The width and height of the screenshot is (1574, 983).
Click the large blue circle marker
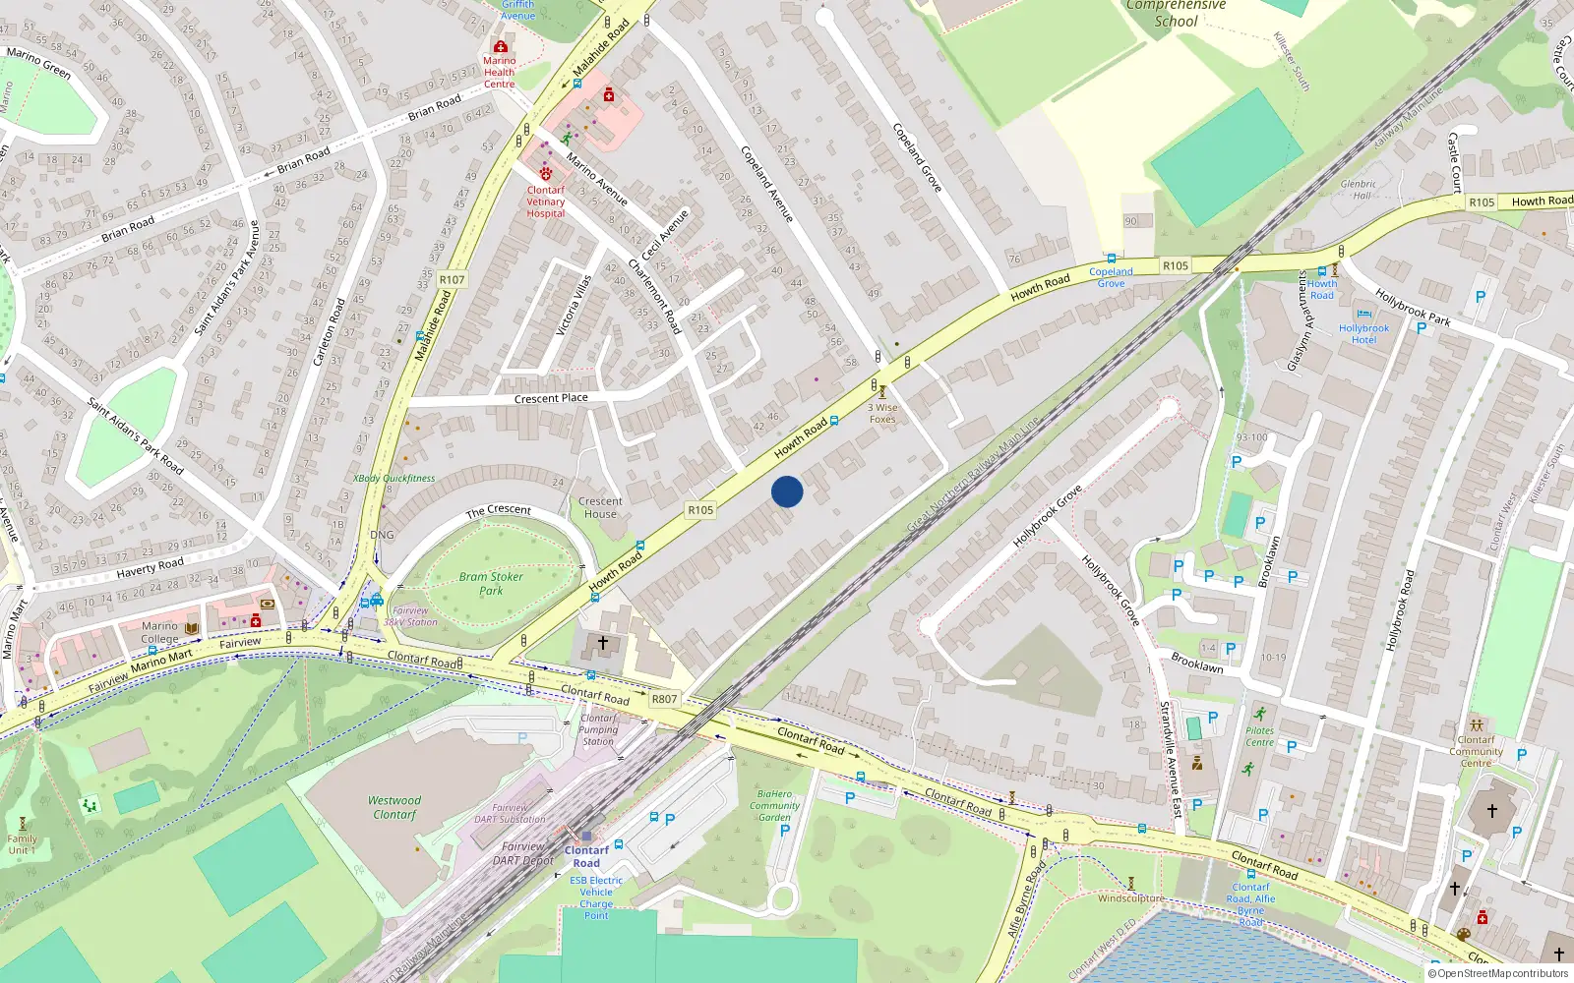pos(787,491)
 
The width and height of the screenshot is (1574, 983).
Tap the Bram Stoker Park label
pos(491,584)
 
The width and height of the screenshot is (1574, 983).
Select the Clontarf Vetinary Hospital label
pos(546,202)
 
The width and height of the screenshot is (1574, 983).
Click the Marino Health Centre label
pos(499,72)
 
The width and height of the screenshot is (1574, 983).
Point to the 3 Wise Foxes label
pos(882,413)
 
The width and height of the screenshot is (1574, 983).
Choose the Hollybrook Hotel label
pos(1363,334)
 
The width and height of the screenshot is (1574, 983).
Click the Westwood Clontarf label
pos(395,807)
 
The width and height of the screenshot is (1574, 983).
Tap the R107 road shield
pos(452,280)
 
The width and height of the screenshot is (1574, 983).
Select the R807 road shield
pos(665,699)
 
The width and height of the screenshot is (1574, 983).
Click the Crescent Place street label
pos(551,399)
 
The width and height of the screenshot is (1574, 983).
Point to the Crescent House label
pos(600,507)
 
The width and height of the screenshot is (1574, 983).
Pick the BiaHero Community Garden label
pos(774,805)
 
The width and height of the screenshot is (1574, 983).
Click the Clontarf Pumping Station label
pos(598,729)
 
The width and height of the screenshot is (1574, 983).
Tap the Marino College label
pos(160,632)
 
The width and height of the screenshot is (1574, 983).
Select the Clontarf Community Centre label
pos(1476,751)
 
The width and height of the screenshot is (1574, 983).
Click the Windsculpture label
pos(1131,898)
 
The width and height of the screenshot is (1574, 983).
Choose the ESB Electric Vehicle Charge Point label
pos(596,897)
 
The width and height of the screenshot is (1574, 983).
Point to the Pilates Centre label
pos(1259,736)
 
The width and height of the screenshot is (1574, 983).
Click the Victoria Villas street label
pos(574,306)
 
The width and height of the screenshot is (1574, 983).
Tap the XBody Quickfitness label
pos(393,479)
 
